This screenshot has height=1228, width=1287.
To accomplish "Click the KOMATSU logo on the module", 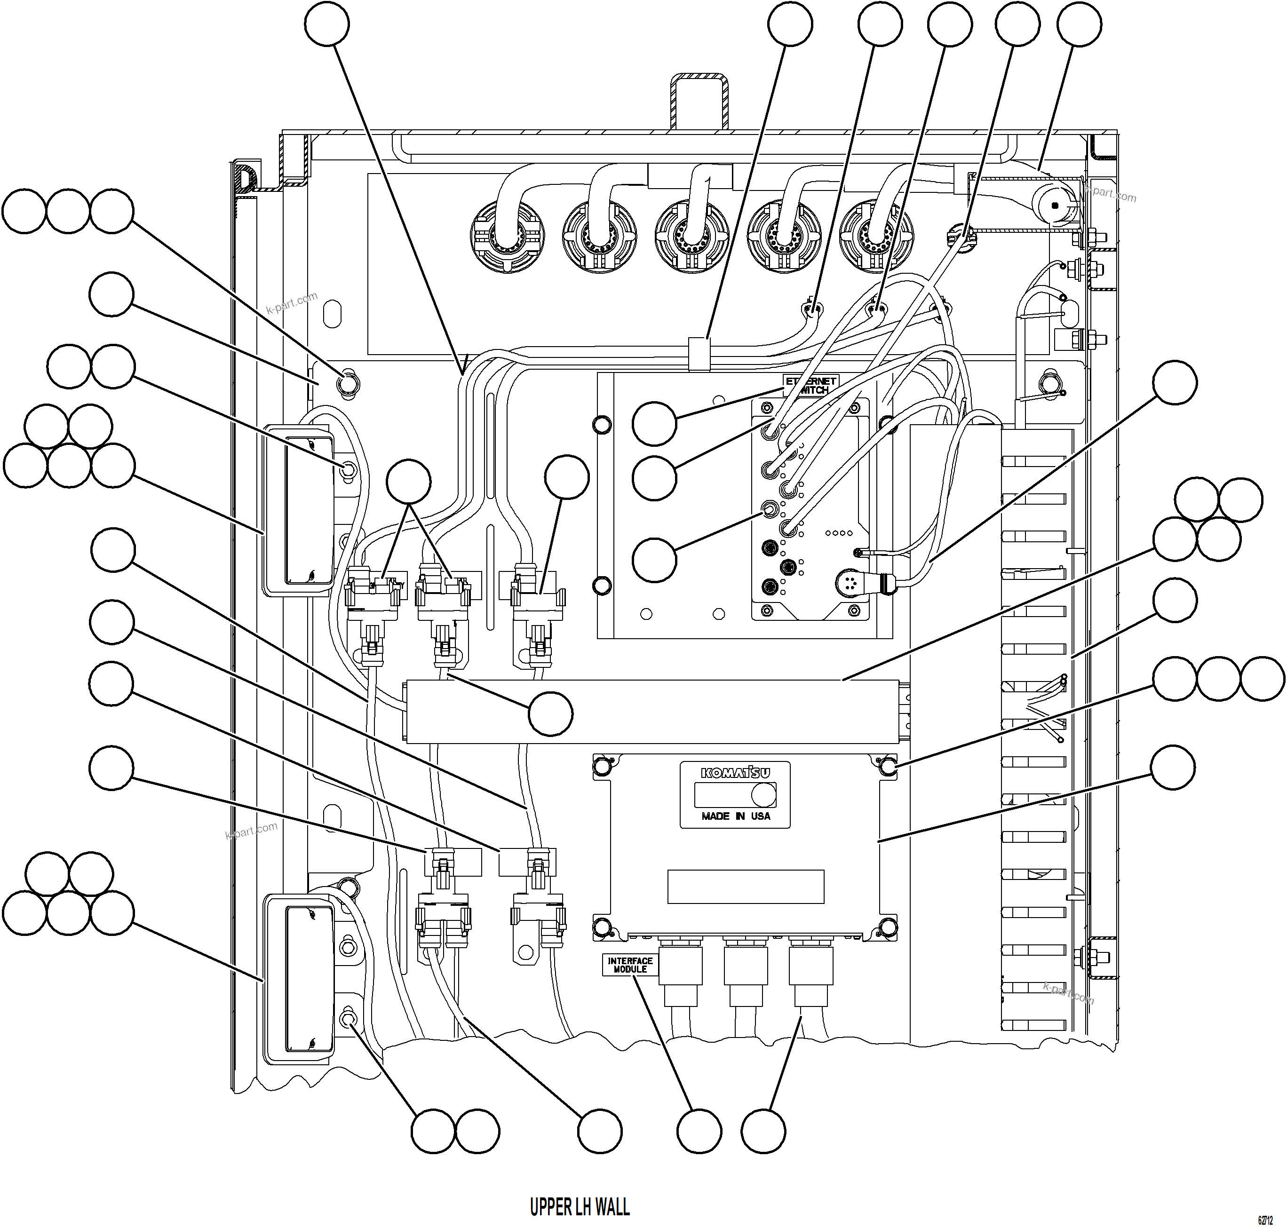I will pyautogui.click(x=735, y=773).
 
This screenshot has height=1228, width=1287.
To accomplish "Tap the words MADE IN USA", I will pyautogui.click(x=736, y=816).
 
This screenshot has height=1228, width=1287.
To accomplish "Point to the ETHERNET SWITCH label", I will pyautogui.click(x=811, y=385).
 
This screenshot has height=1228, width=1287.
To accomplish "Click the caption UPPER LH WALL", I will pyautogui.click(x=580, y=1206).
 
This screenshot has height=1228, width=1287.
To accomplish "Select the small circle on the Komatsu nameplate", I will pyautogui.click(x=763, y=795).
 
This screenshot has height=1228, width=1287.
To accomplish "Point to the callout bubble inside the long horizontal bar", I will pyautogui.click(x=550, y=713).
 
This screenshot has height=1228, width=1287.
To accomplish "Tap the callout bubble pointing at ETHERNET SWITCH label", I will pyautogui.click(x=654, y=424).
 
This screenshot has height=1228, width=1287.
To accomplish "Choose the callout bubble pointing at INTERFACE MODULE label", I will pyautogui.click(x=699, y=1131).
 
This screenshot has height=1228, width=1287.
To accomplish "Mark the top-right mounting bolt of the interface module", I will pyautogui.click(x=888, y=765).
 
